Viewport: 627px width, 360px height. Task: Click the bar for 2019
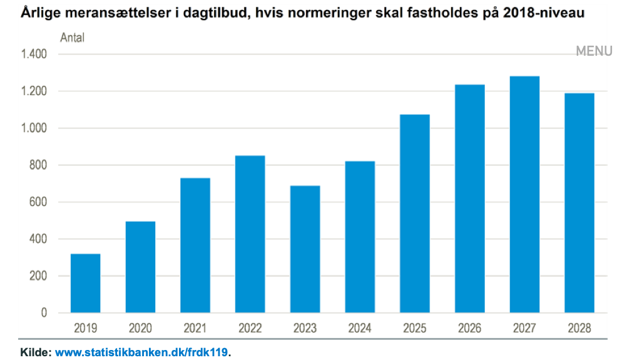[86, 283]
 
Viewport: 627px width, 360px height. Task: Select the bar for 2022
[250, 234]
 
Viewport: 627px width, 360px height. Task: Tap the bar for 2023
[305, 249]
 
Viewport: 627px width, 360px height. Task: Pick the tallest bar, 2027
[524, 194]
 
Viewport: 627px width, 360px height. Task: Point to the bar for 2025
[415, 213]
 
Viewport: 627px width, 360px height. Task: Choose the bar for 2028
[579, 203]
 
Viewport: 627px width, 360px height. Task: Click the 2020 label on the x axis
[140, 328]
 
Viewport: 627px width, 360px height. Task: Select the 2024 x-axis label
[360, 328]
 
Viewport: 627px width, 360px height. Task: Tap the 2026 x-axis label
[469, 328]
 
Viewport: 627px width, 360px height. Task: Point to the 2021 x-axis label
[195, 328]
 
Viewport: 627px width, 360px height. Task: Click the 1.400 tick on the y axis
[34, 54]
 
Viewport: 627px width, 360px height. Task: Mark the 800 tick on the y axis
[38, 165]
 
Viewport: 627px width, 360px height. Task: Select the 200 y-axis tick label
[38, 275]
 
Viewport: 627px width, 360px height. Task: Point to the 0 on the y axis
[44, 313]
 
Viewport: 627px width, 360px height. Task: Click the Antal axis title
[73, 38]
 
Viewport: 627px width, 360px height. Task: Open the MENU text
[594, 51]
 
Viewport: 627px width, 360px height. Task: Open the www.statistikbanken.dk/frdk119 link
[141, 352]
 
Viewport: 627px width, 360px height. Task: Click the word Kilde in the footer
[35, 352]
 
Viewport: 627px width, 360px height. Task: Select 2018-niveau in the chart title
[543, 13]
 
